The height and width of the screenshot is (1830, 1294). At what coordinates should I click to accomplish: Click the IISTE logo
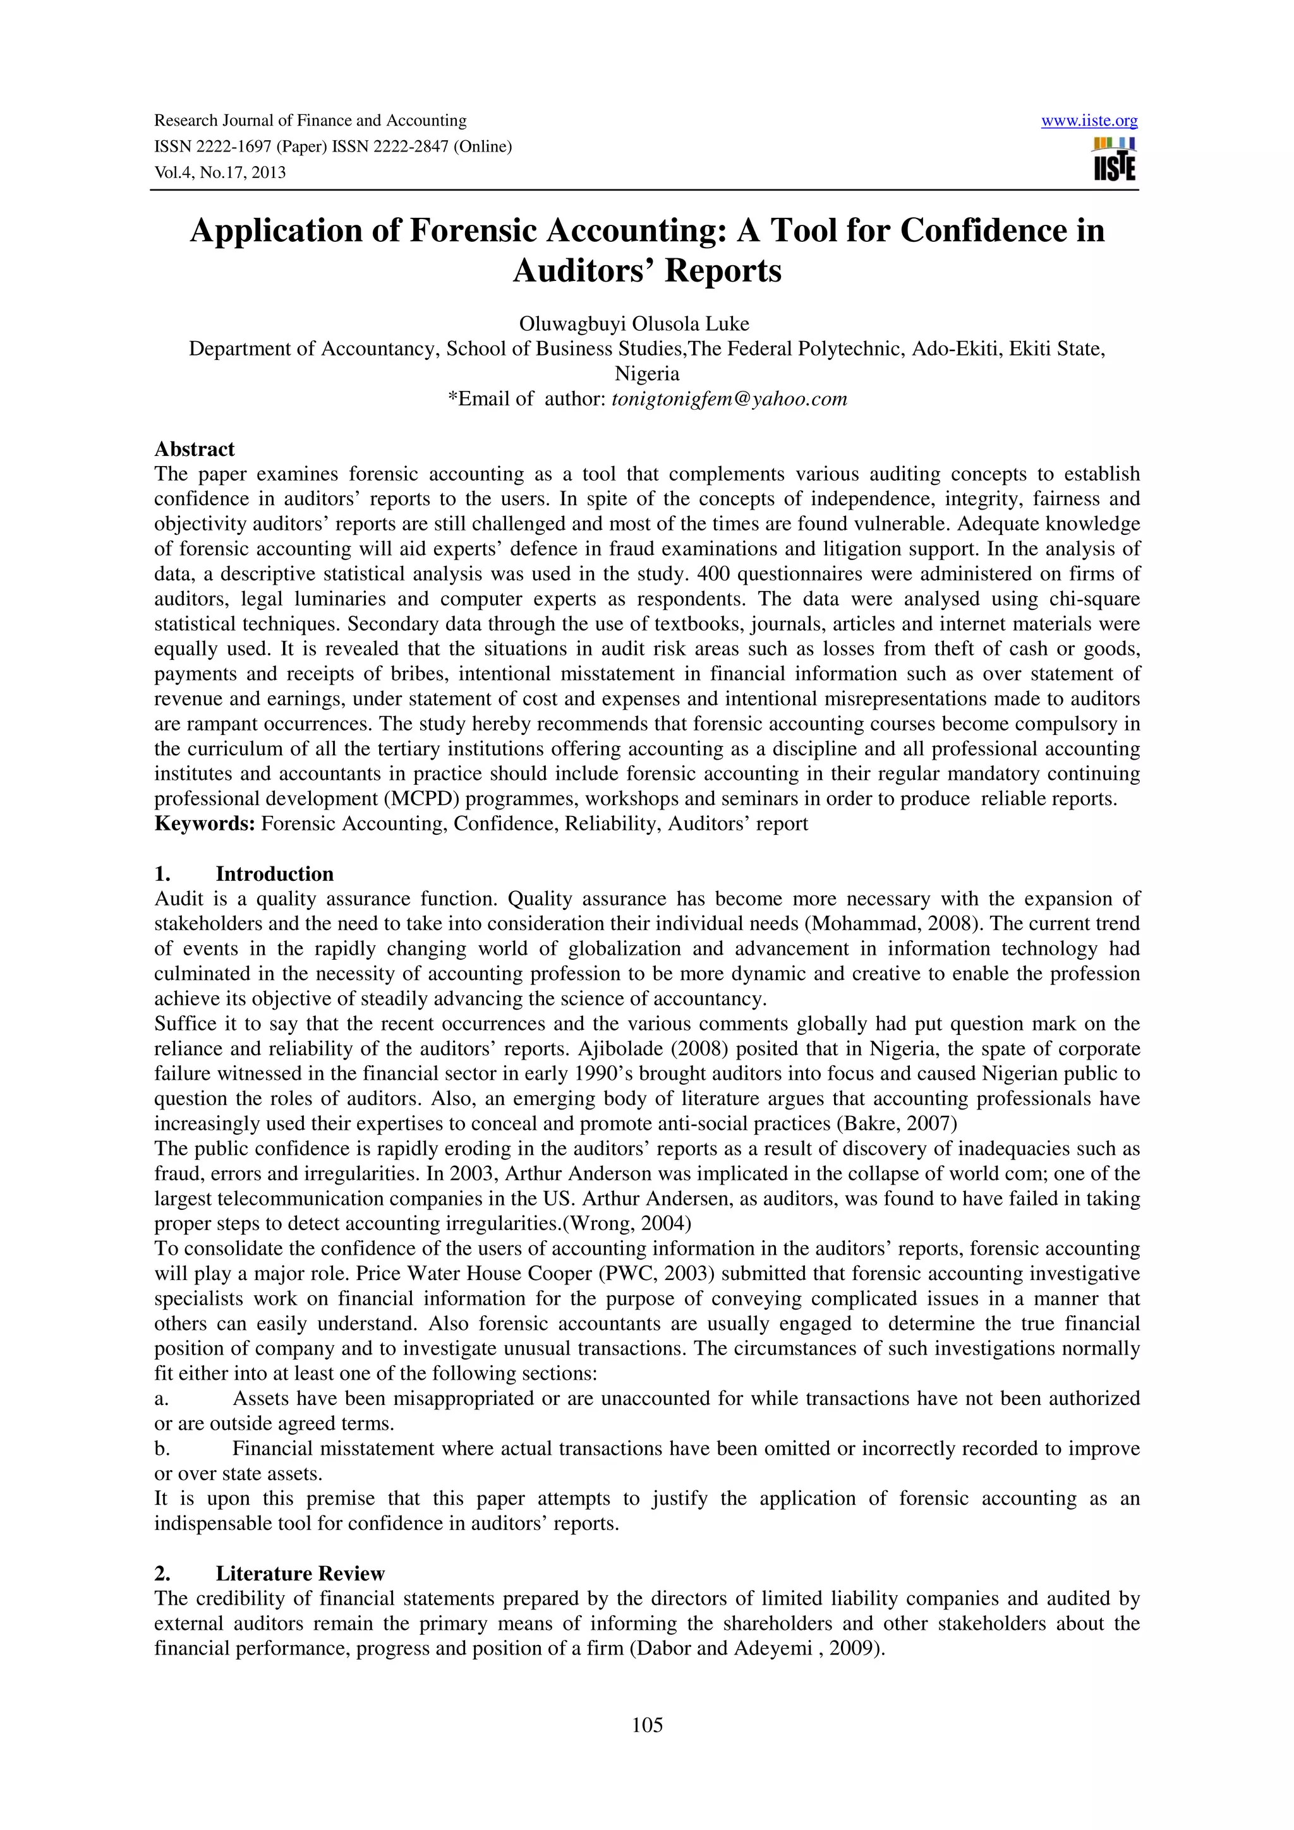(1114, 159)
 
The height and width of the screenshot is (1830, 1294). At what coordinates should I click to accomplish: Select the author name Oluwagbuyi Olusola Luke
(634, 323)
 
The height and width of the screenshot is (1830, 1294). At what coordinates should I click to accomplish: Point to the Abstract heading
(195, 449)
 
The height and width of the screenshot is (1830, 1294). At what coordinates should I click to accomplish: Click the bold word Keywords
(204, 823)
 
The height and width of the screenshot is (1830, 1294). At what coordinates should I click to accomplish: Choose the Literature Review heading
(299, 1574)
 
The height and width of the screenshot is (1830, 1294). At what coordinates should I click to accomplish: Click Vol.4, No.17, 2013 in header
(220, 173)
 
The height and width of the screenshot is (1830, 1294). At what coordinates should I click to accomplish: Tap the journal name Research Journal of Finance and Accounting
(310, 121)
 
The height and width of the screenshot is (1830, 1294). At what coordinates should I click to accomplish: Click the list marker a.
(161, 1399)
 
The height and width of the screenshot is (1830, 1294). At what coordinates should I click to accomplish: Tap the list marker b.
(161, 1448)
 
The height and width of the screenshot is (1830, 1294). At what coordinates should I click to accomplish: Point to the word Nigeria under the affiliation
(646, 374)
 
